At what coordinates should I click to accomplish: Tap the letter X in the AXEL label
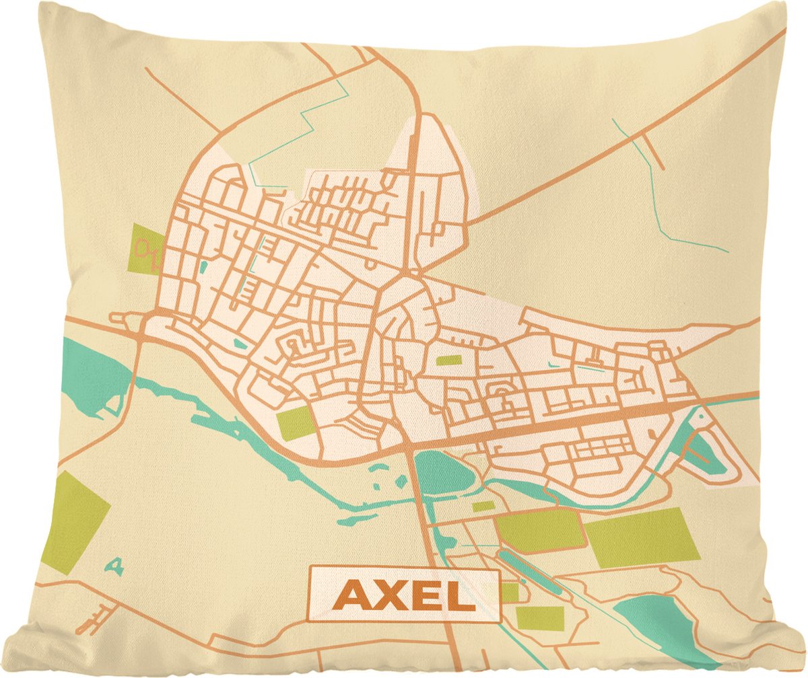[393, 595]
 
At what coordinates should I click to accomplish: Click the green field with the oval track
[145, 248]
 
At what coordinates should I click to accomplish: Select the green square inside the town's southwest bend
[296, 423]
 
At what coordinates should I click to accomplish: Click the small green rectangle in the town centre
[448, 360]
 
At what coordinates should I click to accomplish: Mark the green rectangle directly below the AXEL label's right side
[539, 617]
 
